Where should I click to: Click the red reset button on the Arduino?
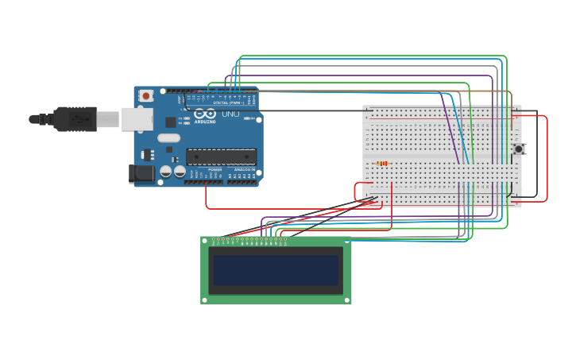point(146,96)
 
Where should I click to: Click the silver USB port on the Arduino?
point(136,118)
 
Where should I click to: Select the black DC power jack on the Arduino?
point(140,174)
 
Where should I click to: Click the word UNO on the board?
point(230,114)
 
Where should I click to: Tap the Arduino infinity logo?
point(204,114)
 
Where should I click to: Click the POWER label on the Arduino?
point(215,169)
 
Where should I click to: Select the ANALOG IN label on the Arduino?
point(244,169)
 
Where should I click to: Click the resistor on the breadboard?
point(382,164)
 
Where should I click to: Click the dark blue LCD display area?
point(276,270)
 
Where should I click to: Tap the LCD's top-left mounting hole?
point(206,241)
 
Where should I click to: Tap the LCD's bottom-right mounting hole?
point(346,300)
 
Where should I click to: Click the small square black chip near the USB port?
point(170,122)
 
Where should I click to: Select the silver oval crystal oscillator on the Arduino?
point(169,137)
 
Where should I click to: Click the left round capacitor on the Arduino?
point(166,171)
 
